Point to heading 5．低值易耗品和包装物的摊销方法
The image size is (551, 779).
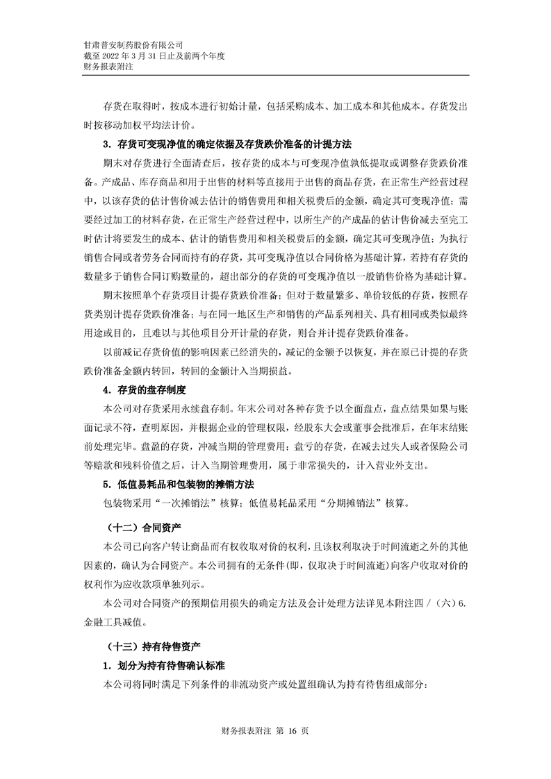(179, 483)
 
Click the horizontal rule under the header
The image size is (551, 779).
(275, 76)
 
